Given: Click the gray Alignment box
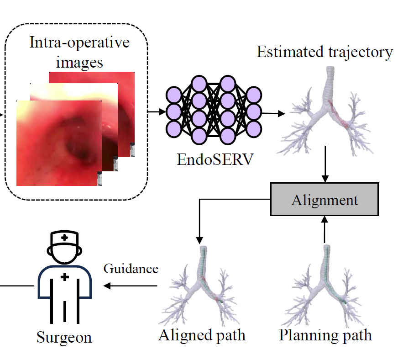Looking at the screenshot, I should coord(324,200).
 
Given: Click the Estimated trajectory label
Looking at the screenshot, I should coord(324,52).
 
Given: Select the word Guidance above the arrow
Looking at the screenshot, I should coord(131,269).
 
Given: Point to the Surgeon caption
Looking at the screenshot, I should coord(64,337).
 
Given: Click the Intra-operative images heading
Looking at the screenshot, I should coord(79,52).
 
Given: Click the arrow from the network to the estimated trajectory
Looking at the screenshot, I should coord(271,113).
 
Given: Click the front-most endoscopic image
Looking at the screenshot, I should coord(59,143).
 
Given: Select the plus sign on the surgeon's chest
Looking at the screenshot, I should coord(65,277).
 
